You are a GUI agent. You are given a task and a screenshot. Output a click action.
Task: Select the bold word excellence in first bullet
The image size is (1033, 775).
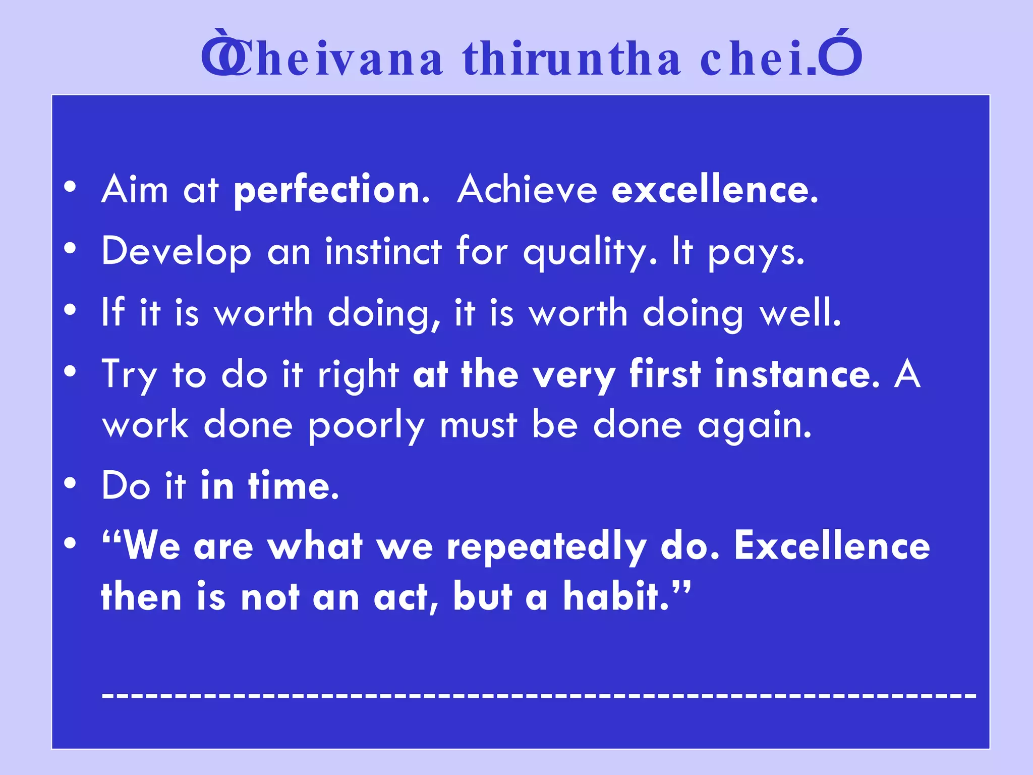[x=714, y=190]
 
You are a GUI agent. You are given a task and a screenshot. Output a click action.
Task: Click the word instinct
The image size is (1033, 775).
[x=383, y=251]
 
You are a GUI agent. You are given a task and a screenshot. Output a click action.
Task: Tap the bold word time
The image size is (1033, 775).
[x=293, y=486]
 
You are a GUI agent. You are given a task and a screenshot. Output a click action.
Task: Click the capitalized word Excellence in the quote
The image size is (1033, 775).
[x=832, y=546]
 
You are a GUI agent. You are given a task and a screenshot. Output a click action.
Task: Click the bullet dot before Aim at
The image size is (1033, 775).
[x=70, y=187]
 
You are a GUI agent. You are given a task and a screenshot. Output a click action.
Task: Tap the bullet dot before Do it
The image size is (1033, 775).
[x=70, y=483]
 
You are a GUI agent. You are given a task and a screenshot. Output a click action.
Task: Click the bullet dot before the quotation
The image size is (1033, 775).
[x=70, y=544]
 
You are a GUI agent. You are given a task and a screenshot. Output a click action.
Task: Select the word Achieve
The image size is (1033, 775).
[x=527, y=190]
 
